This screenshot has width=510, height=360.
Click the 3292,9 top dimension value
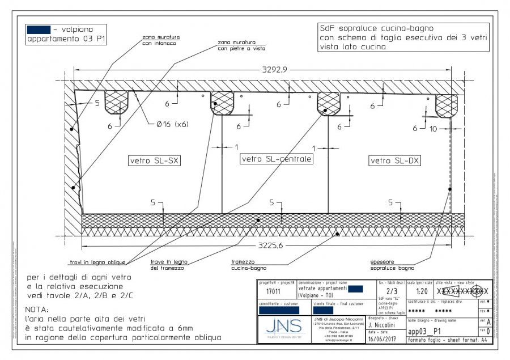[x=274, y=70]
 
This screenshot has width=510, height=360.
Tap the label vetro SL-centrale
[x=277, y=159]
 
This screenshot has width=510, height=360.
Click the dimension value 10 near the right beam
[x=435, y=129]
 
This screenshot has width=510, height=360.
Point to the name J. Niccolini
[x=385, y=325]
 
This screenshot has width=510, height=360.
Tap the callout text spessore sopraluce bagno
[x=392, y=265]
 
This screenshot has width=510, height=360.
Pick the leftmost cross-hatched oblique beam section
[x=117, y=101]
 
